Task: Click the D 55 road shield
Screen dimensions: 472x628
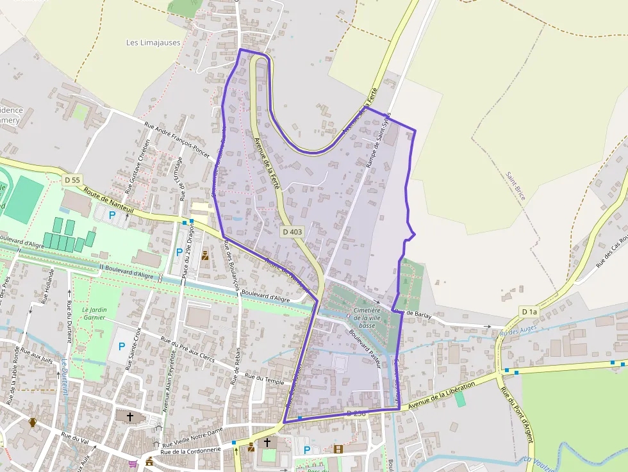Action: coord(72,181)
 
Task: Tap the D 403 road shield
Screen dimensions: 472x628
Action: coord(292,232)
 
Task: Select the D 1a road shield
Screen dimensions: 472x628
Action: coord(529,312)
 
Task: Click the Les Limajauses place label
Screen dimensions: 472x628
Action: coord(153,43)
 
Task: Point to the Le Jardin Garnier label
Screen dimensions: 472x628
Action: coord(95,314)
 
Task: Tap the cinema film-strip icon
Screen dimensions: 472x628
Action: coord(338,449)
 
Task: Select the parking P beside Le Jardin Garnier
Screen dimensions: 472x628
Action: coord(122,347)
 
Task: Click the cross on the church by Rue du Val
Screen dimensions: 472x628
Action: coord(130,416)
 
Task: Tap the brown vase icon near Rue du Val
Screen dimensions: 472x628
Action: coord(33,423)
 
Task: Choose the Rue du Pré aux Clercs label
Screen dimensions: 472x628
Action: coord(188,350)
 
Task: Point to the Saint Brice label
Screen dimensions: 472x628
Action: coord(515,186)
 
